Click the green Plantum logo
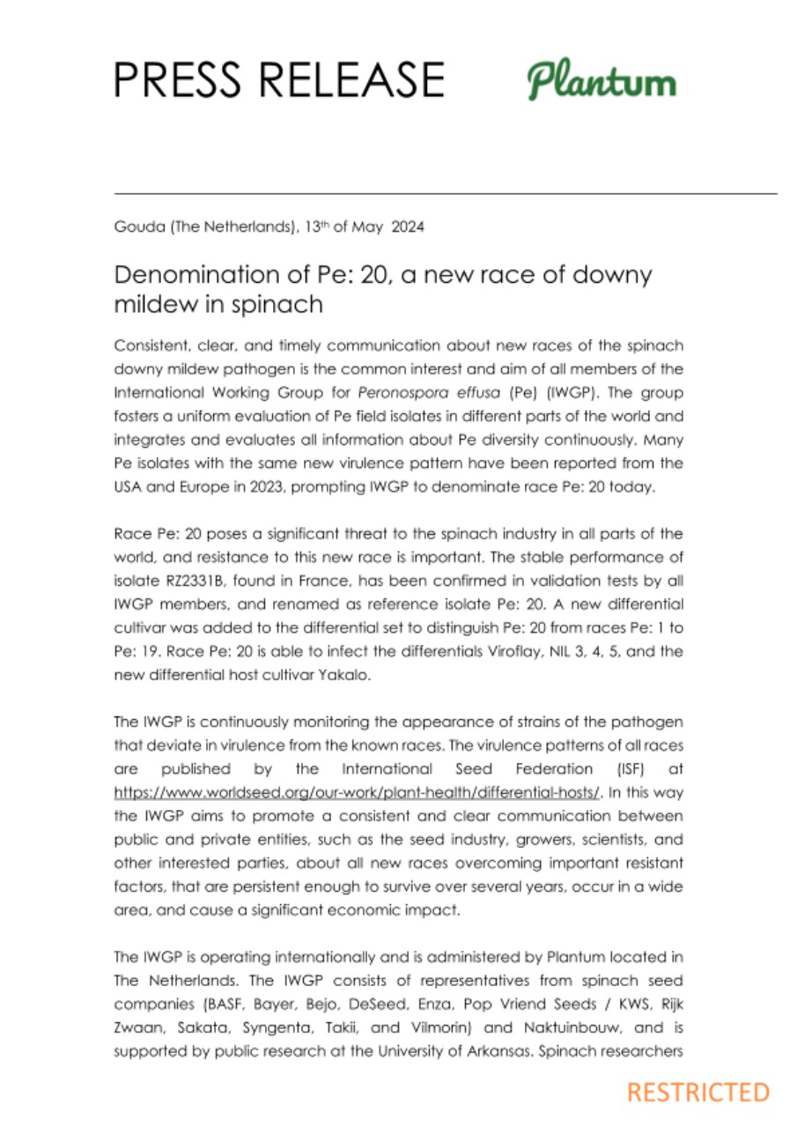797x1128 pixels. click(601, 82)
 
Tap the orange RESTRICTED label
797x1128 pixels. click(697, 1093)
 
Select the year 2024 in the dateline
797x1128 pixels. click(408, 227)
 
